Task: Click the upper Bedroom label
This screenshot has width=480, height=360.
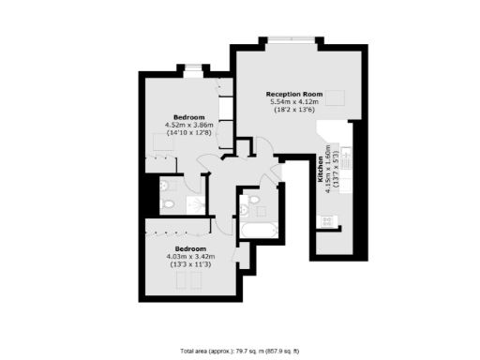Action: pyautogui.click(x=188, y=116)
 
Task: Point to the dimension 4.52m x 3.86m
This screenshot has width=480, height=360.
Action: pyautogui.click(x=188, y=125)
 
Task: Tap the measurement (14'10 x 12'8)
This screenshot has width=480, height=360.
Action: pyautogui.click(x=188, y=133)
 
